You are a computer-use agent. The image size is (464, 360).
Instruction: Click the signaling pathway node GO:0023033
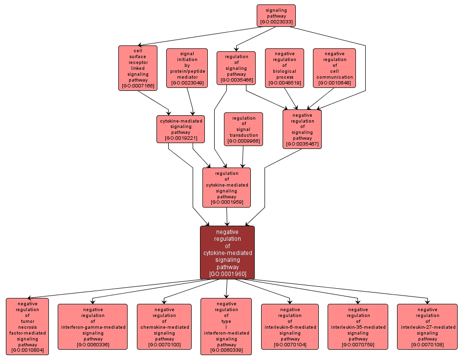276,16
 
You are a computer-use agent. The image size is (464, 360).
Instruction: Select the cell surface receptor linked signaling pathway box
138,68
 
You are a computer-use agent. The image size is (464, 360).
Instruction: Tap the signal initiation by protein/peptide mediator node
187,68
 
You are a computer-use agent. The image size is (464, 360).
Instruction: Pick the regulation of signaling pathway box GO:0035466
236,68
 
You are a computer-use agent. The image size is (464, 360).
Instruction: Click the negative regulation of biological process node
285,68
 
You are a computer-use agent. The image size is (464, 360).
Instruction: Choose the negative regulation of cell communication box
334,68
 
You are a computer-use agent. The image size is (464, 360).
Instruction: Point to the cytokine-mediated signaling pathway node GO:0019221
180,129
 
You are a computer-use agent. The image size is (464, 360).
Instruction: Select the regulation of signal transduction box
243,129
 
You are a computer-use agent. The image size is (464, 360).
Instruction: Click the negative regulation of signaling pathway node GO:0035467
302,129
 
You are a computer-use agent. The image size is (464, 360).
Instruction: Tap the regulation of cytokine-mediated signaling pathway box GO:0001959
226,188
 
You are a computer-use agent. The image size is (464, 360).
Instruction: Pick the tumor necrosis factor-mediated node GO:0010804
27,326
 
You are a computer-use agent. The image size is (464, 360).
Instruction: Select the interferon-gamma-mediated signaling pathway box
93,327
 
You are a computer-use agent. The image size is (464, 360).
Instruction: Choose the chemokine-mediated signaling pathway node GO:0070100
164,327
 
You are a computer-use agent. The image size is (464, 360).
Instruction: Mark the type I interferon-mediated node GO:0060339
226,327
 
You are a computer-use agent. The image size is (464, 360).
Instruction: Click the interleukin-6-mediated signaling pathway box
290,327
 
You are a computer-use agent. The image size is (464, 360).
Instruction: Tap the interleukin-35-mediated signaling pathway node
358,327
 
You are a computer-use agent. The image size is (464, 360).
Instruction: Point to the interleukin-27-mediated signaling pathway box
427,327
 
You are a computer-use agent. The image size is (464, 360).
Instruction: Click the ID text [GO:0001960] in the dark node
227,274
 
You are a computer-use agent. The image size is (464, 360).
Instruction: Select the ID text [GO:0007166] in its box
138,86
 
